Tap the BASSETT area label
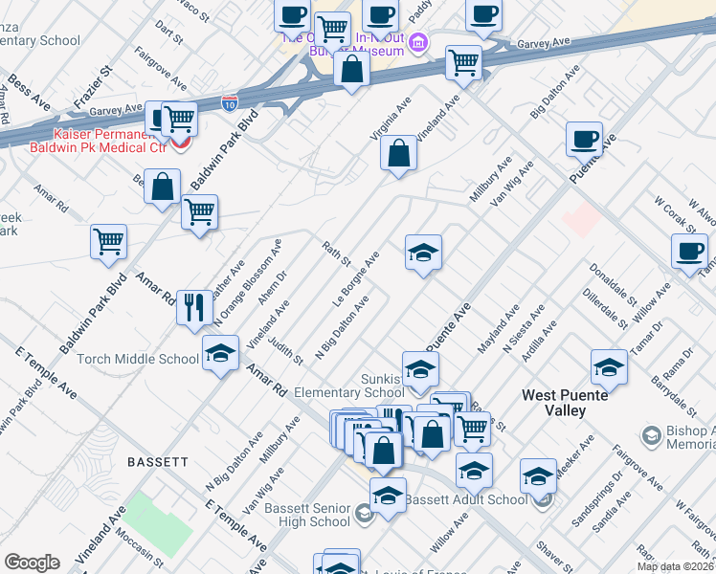[x=158, y=461]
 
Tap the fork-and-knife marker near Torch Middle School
[x=195, y=307]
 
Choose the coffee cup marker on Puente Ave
[x=584, y=140]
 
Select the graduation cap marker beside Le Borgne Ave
[x=423, y=254]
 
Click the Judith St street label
[x=287, y=347]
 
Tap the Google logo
[x=32, y=563]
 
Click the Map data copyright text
[x=674, y=566]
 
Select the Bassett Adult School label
[x=465, y=499]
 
